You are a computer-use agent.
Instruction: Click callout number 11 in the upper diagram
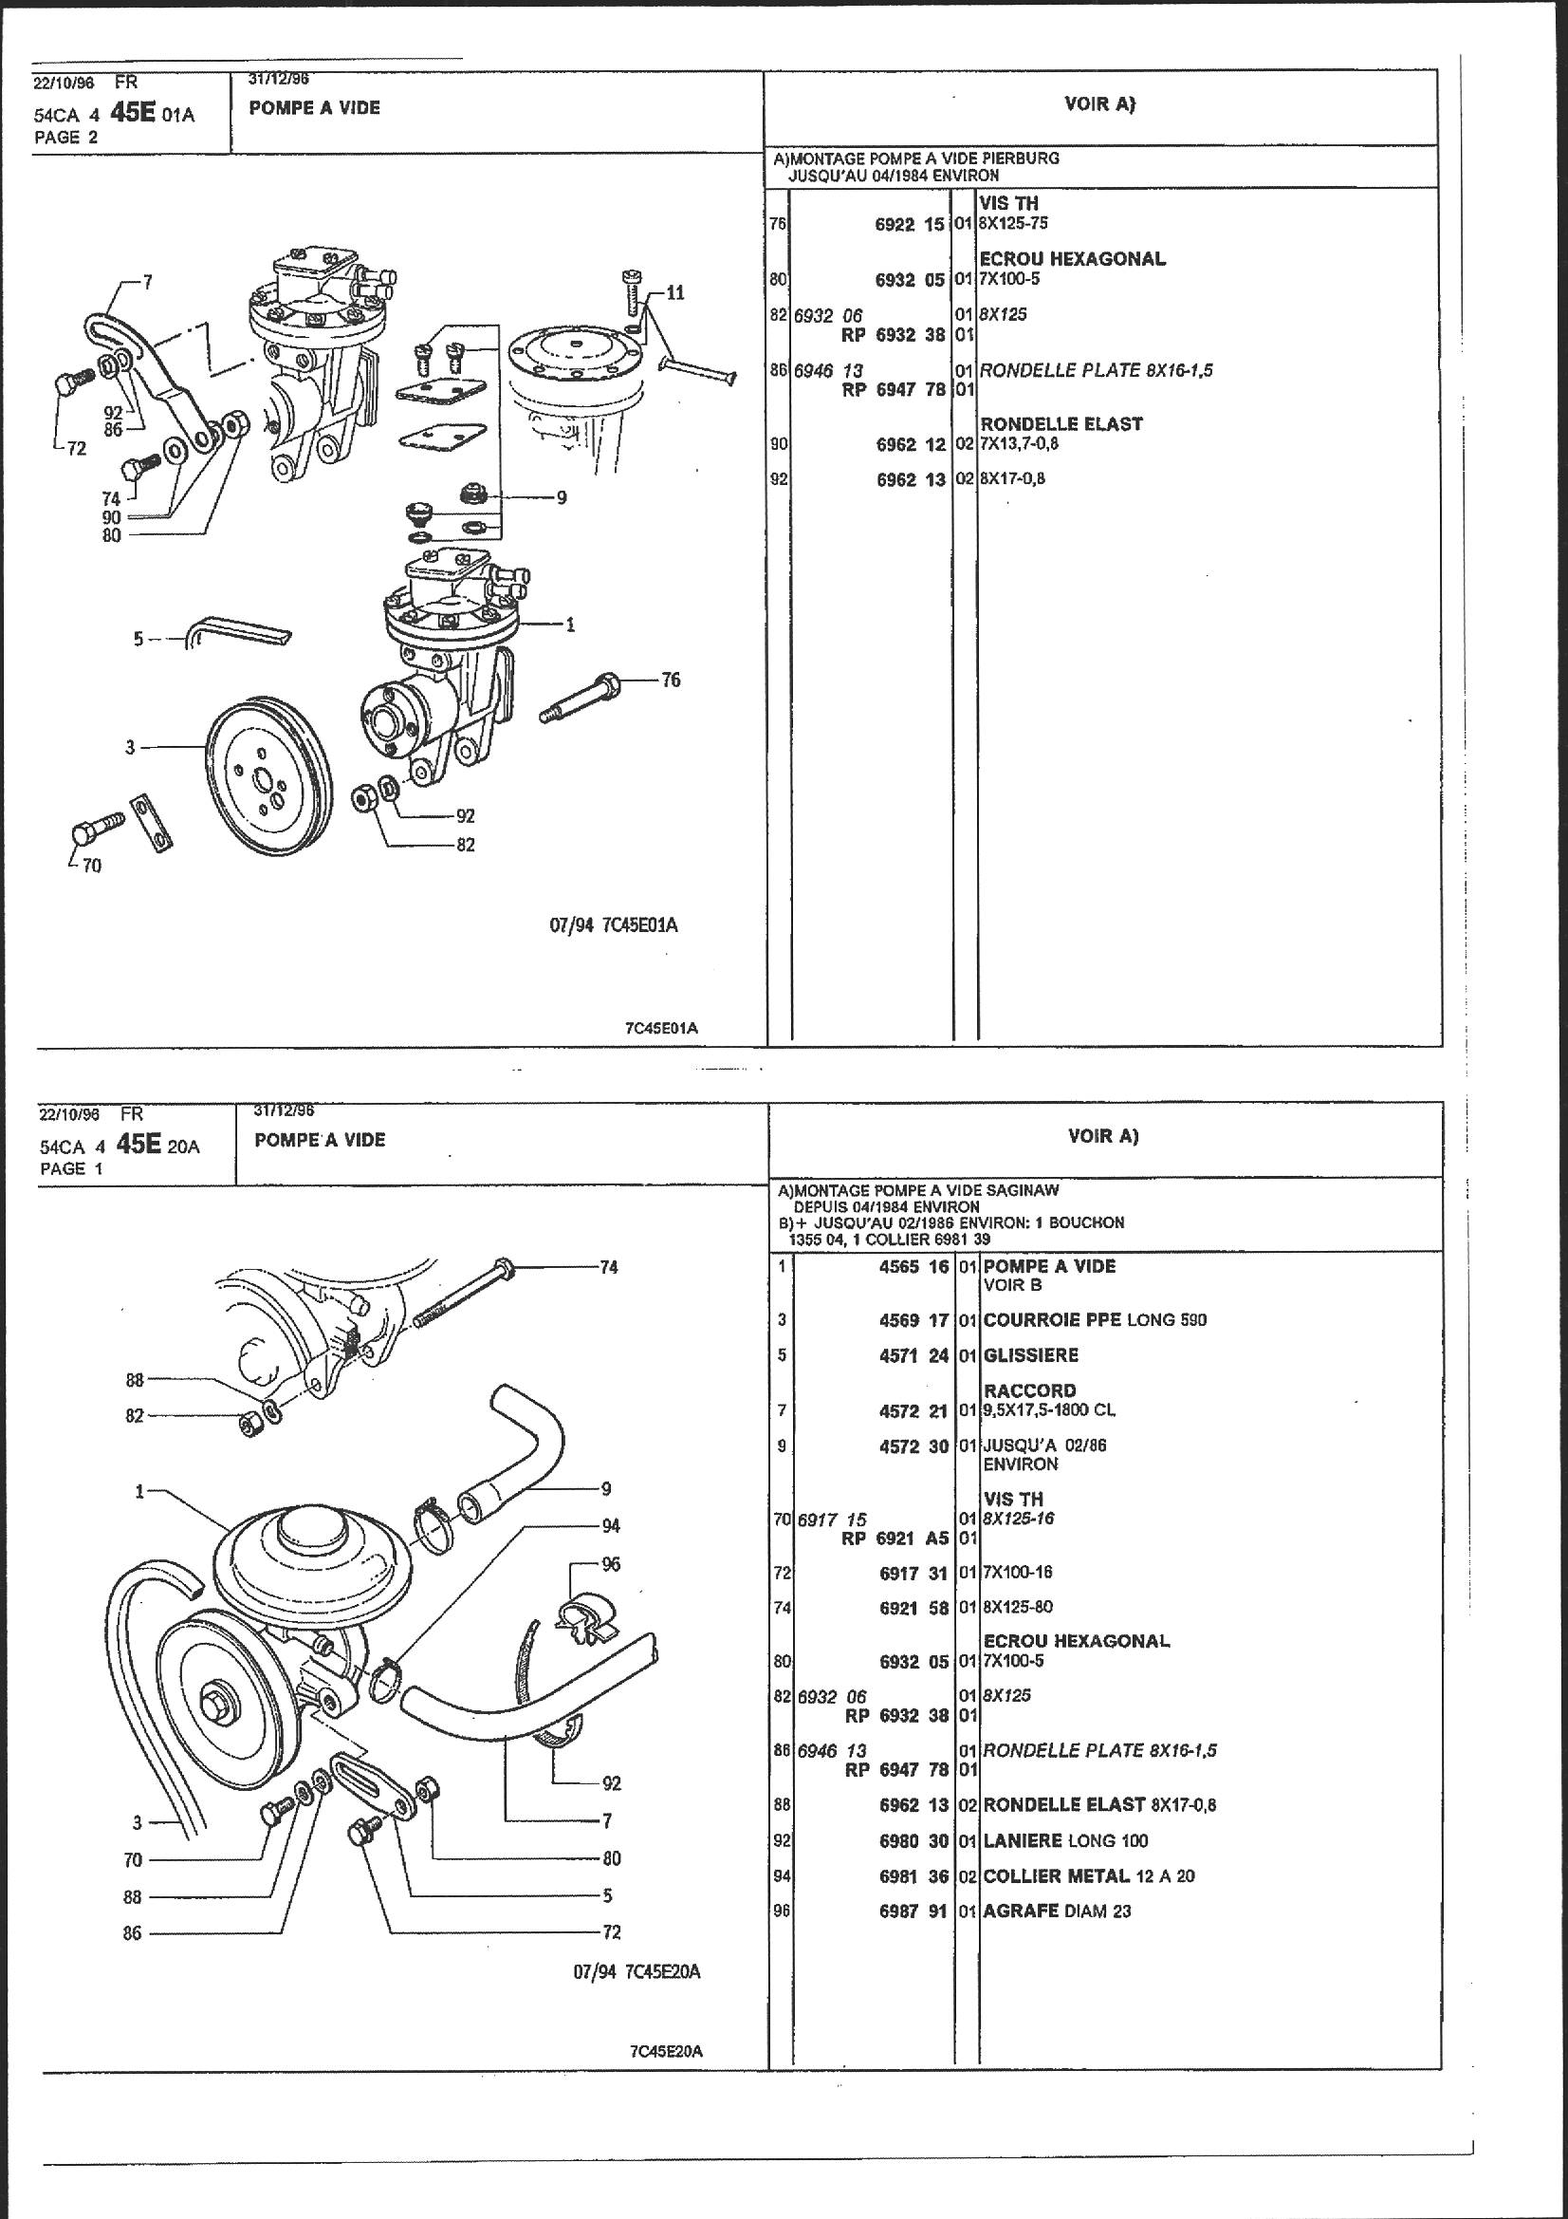point(674,292)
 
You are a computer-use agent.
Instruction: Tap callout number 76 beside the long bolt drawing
point(671,680)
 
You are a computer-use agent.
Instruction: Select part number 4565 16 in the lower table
point(913,1266)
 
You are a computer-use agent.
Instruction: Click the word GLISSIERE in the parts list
point(1030,1355)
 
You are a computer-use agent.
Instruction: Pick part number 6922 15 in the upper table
point(909,223)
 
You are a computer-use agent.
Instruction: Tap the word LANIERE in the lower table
point(1023,1840)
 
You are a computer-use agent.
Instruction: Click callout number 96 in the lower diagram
point(610,1564)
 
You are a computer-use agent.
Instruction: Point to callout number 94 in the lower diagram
point(610,1526)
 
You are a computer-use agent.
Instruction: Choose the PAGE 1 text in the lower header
point(70,1168)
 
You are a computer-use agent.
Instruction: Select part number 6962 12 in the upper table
point(910,444)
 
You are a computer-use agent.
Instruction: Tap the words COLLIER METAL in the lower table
point(1056,1876)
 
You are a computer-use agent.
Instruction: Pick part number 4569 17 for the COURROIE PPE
point(913,1319)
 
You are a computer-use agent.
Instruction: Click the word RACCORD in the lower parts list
point(1029,1390)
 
